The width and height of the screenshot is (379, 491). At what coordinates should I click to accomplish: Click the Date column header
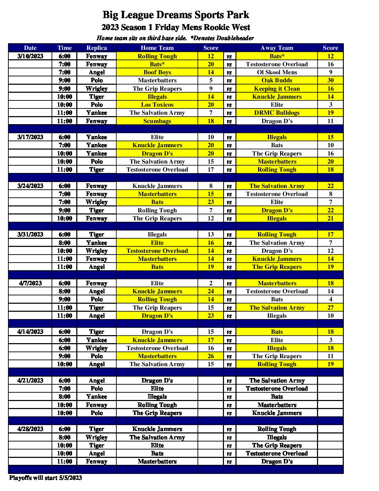coord(30,48)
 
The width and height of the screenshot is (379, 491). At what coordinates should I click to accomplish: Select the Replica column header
coord(96,48)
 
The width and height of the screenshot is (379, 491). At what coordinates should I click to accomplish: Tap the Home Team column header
coord(157,48)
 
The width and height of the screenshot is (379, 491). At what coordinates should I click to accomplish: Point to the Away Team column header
coord(277,48)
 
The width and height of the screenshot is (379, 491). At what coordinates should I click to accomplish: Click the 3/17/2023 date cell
coord(30,137)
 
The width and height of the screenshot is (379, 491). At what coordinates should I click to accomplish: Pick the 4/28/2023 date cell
coord(30,429)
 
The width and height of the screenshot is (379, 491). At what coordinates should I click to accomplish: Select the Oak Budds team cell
coord(277,80)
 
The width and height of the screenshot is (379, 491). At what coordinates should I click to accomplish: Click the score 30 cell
coord(330,80)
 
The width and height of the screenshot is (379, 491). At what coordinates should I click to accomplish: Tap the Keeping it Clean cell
coord(277,89)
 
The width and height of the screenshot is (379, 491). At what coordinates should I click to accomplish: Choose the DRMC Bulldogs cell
coord(277,113)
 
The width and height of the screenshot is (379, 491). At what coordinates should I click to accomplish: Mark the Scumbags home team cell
coord(157,121)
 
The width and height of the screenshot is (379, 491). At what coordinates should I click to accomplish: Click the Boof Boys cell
coord(157,72)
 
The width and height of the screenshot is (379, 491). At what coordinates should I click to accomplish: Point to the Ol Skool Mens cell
coord(277,72)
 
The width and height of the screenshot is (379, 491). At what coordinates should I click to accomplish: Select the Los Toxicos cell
coord(157,105)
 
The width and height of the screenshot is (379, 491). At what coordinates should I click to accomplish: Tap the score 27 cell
coord(330,308)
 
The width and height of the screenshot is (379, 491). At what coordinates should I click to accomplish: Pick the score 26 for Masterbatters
coord(211,356)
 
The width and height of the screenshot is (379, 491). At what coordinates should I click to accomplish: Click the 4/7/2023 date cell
coord(30,283)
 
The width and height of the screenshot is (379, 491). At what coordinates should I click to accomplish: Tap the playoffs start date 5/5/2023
coord(70,478)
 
